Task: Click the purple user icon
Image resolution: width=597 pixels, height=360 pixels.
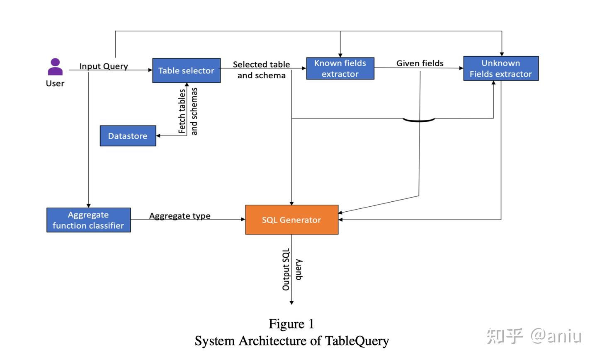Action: click(55, 67)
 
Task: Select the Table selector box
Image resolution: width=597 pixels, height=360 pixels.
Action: click(186, 70)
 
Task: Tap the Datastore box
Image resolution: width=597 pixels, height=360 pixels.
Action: click(128, 136)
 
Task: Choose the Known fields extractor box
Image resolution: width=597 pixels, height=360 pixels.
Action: click(340, 68)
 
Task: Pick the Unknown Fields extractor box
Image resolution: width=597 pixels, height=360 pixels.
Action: click(501, 68)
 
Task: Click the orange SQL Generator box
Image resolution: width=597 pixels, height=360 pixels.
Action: click(292, 220)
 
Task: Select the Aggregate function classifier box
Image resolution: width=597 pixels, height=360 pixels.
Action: click(88, 220)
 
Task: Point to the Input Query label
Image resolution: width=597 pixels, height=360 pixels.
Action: click(104, 66)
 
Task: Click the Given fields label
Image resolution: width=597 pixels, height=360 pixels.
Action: click(420, 63)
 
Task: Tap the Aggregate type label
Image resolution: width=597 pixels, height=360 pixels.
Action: click(180, 216)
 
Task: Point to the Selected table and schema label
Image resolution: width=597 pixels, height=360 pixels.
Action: click(262, 70)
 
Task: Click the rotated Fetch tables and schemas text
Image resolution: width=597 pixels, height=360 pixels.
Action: click(188, 111)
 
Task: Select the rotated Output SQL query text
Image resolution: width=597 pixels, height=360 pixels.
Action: click(292, 269)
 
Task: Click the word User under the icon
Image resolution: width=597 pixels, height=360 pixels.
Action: click(55, 83)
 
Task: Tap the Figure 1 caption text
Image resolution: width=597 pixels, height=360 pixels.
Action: click(291, 324)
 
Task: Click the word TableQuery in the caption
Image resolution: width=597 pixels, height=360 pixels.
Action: click(357, 341)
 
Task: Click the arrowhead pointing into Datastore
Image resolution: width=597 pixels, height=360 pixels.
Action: click(158, 136)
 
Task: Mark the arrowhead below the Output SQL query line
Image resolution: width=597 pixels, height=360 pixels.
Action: click(291, 303)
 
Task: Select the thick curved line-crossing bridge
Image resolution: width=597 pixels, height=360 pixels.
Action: click(419, 121)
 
